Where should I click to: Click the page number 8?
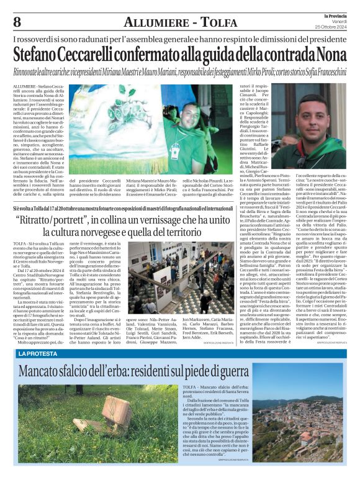pos(17,22)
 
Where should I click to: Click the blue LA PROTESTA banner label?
pos(39,353)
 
